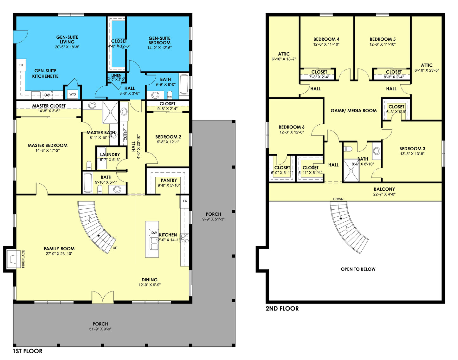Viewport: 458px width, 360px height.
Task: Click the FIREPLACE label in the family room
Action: click(23, 259)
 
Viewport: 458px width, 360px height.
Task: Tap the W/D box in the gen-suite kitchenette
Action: click(73, 94)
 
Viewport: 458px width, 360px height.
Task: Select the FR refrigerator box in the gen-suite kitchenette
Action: click(21, 65)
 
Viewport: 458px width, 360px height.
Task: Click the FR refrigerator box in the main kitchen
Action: click(185, 201)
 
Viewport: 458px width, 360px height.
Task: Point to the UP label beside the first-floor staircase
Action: click(115, 248)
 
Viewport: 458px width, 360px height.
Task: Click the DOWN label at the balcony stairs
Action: click(338, 199)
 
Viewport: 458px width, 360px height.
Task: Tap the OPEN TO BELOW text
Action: click(358, 269)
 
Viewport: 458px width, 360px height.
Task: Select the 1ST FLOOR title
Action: click(28, 351)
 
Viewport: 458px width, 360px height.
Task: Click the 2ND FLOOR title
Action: click(282, 309)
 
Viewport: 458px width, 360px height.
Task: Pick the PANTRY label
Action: click(169, 180)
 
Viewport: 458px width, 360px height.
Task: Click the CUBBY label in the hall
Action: click(126, 135)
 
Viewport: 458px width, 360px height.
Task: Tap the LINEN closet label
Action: click(116, 75)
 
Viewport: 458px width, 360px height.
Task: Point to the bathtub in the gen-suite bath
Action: click(184, 84)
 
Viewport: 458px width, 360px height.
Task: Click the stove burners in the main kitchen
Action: click(185, 238)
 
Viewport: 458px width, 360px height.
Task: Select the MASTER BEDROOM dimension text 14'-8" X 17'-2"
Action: click(48, 151)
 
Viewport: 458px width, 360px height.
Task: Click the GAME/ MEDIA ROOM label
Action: click(353, 111)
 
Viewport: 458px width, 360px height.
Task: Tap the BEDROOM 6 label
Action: click(291, 127)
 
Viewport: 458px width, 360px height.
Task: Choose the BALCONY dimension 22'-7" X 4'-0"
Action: click(384, 194)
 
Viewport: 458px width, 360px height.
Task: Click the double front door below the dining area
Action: click(103, 297)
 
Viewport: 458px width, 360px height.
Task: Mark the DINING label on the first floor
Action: click(150, 280)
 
